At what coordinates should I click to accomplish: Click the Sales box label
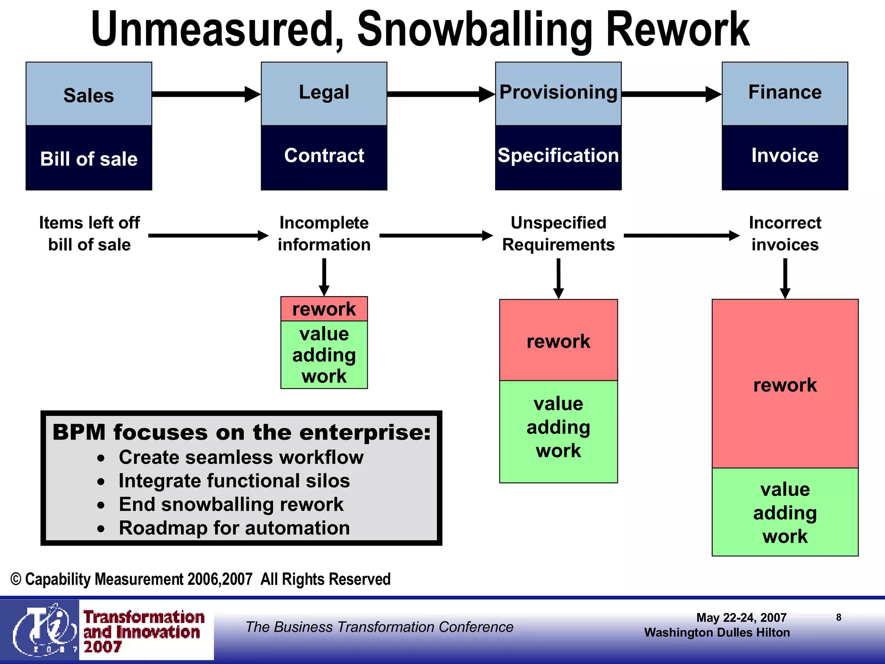click(x=89, y=95)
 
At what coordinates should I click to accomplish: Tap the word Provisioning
click(x=558, y=93)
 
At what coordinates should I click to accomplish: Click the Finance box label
click(x=784, y=93)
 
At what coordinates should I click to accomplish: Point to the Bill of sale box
click(x=89, y=158)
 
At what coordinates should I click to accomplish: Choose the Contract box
click(x=324, y=156)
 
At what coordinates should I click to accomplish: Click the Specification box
click(x=558, y=156)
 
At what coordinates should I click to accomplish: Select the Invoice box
click(x=784, y=156)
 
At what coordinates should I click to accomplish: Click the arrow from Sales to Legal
click(x=206, y=94)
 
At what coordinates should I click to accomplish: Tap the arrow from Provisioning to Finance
click(x=671, y=94)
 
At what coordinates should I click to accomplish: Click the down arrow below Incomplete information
click(x=324, y=277)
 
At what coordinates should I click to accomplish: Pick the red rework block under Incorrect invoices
click(x=785, y=384)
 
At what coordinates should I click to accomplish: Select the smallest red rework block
click(x=324, y=309)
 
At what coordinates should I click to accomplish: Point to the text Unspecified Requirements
click(x=558, y=234)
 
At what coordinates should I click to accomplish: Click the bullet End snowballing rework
click(x=231, y=504)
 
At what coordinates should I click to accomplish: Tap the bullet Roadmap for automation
click(x=234, y=528)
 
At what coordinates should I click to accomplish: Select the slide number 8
click(x=838, y=617)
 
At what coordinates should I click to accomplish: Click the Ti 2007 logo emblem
click(x=41, y=629)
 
